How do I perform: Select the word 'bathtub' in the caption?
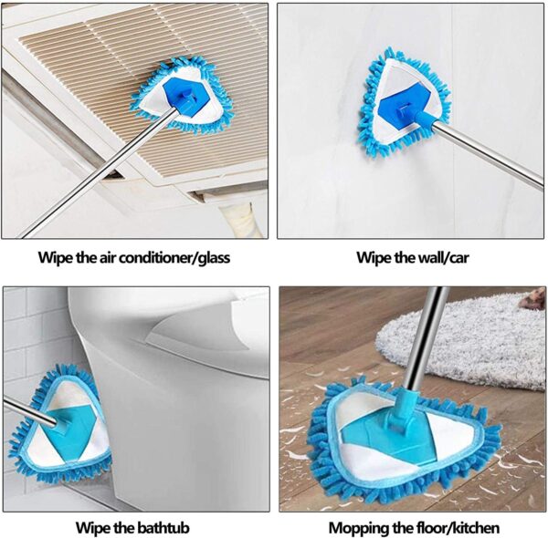(x=162, y=528)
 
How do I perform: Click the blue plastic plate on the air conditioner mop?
(x=187, y=97)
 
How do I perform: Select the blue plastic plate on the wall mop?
(x=405, y=106)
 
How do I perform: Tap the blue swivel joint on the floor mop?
(x=405, y=412)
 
